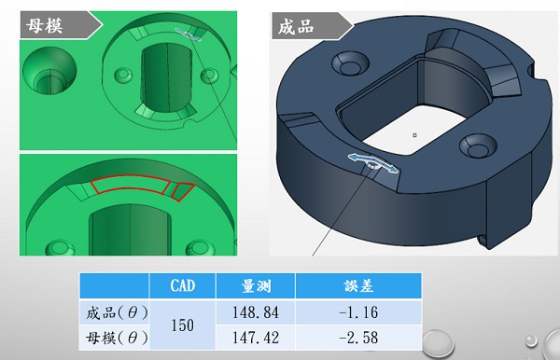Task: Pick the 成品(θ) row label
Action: coord(114,311)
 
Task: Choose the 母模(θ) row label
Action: coord(114,336)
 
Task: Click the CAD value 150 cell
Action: coord(182,323)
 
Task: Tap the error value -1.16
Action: coord(357,311)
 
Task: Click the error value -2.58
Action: coord(357,336)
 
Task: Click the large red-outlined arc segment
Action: coord(130,187)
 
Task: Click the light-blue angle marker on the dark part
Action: coord(372,162)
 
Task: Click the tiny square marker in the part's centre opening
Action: coord(414,134)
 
